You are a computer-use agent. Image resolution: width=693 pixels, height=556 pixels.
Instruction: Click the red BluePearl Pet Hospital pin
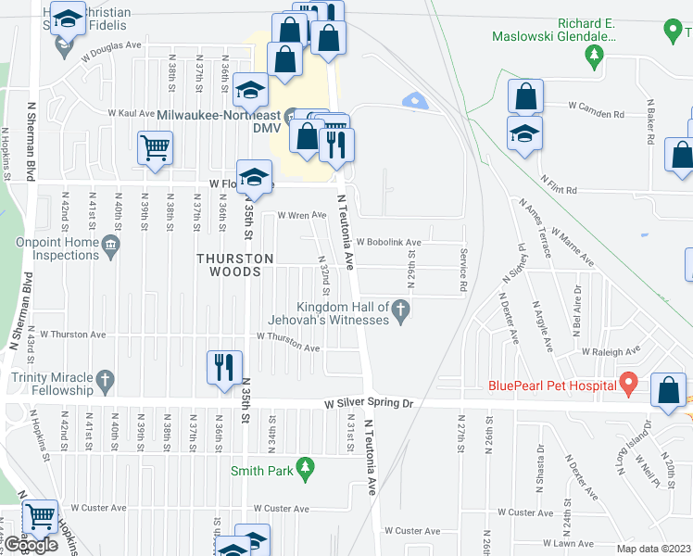(x=629, y=382)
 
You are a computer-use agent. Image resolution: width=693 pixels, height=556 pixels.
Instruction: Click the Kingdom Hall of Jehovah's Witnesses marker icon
(x=401, y=310)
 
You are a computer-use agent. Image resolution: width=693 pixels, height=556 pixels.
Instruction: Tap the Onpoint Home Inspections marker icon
(x=110, y=245)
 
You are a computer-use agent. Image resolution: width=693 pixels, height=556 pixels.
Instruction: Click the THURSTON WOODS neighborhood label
(x=234, y=265)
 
